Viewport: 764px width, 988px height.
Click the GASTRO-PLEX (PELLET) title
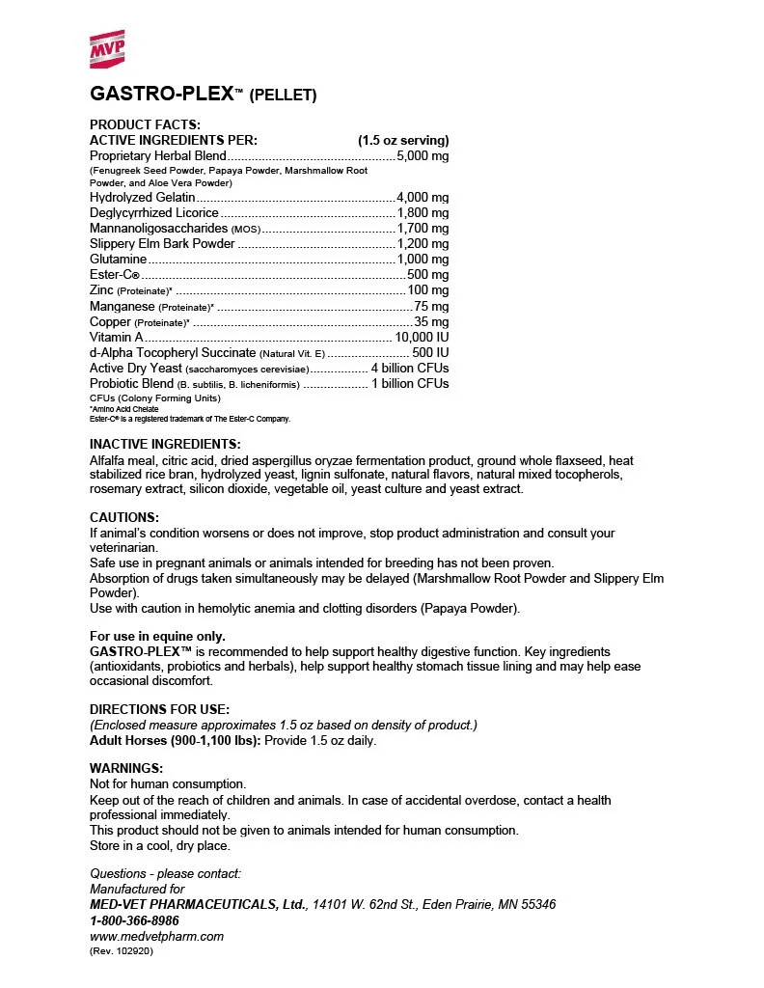203,94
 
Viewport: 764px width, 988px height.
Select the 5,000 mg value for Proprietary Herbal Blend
423,155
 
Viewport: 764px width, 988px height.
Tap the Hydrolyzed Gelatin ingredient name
134,197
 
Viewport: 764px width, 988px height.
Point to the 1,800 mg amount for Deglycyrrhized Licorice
423,212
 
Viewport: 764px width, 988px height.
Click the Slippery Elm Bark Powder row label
162,244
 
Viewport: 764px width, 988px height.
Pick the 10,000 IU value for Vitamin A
422,338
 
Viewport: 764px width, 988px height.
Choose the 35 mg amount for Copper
431,321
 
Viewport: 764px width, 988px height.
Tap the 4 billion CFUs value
410,369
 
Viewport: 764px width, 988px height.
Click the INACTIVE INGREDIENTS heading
165,444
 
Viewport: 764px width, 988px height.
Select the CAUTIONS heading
124,518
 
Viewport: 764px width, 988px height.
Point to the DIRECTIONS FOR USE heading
159,709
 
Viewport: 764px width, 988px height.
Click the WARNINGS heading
126,768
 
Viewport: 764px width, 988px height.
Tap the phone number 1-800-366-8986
134,920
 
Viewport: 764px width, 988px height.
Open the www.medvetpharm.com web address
156,936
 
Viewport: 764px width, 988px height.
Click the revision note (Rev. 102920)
122,950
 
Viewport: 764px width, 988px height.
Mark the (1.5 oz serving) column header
403,140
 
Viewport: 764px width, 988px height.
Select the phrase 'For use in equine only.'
157,636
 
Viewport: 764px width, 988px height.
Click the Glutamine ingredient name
118,260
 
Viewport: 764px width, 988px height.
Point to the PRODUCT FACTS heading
145,124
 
